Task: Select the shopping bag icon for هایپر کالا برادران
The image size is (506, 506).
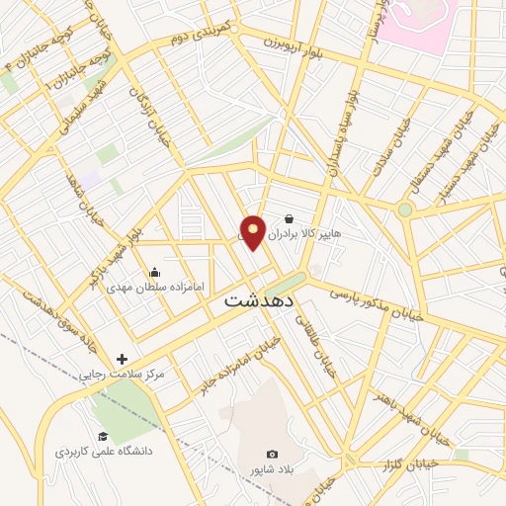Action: click(288, 218)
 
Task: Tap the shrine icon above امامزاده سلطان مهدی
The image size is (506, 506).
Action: click(154, 272)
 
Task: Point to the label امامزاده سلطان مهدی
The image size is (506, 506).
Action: click(155, 287)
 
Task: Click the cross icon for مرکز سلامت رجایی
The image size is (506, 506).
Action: click(123, 360)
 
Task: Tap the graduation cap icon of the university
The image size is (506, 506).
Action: click(103, 436)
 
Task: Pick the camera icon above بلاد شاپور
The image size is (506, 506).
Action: click(273, 454)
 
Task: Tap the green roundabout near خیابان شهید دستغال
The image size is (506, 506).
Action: click(404, 210)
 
